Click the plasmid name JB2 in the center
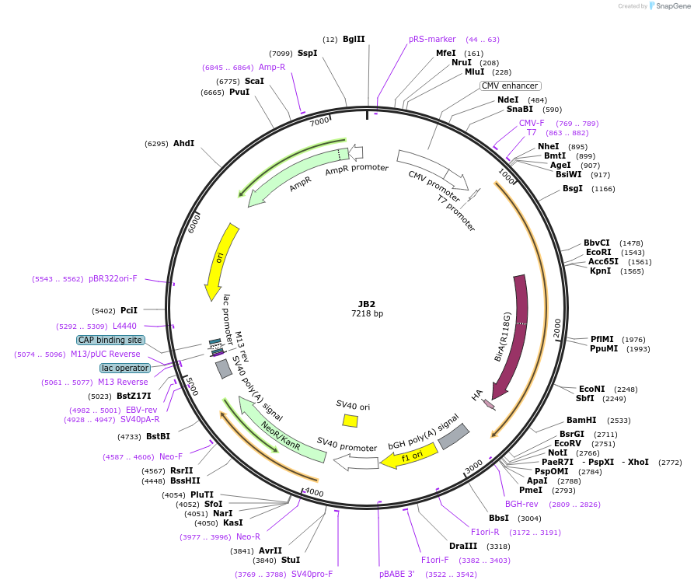pos(367,304)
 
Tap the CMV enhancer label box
pos(510,86)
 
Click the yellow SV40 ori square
pos(350,421)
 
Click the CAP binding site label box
pos(110,340)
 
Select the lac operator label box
pos(124,368)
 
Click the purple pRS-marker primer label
pos(432,39)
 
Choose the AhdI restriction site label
pos(184,143)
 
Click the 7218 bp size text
pos(367,314)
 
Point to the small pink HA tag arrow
pos(489,404)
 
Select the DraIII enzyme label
pos(463,546)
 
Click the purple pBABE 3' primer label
pos(397,574)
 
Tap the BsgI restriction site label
pos(573,188)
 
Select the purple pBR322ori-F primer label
pos(113,278)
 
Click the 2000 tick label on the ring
pos(557,329)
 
